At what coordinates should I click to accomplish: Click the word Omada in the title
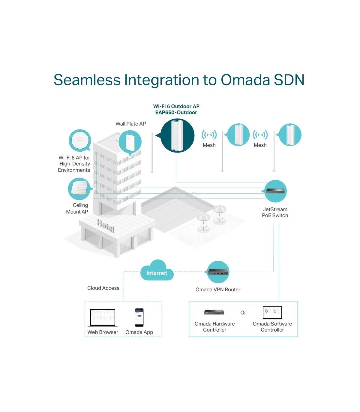coord(245,80)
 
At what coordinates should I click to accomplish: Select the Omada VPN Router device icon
coord(218,272)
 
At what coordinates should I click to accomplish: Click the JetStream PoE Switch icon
coord(275,191)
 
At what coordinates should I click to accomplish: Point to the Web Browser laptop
coord(103,318)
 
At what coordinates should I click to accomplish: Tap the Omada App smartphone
coord(139,317)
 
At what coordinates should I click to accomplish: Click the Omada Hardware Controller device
coord(214,312)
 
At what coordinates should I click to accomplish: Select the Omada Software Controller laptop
coord(273,313)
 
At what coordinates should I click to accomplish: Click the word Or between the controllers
coord(243,313)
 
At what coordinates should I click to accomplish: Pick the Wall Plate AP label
coord(130,124)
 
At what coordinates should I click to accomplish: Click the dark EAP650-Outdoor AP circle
coord(177,135)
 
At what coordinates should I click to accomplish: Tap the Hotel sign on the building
coord(106,225)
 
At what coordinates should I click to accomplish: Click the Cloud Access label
coord(103,288)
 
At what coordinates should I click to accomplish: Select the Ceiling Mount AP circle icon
coord(79,189)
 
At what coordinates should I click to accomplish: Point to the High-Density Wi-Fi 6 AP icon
coord(80,140)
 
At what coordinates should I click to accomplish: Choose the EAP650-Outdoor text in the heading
coord(176,112)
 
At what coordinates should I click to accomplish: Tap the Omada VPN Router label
coord(218,289)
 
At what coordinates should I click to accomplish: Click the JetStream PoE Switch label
coord(275,212)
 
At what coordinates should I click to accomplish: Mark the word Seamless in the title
coord(87,80)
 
